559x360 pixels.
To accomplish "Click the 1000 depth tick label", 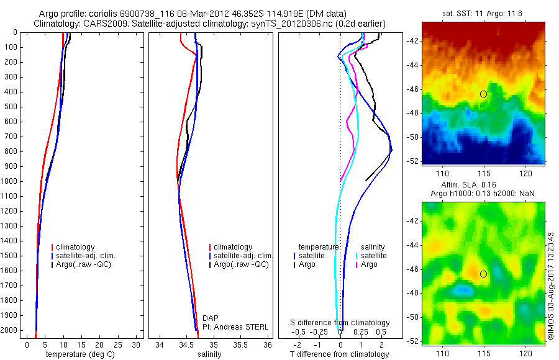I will (9, 181).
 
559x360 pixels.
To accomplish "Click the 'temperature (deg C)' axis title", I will (75, 354).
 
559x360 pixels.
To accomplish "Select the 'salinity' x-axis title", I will (210, 354).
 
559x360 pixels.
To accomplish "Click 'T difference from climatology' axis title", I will (340, 354).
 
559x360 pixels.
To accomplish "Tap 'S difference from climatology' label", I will (340, 323).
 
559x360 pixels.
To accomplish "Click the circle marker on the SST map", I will (483, 94).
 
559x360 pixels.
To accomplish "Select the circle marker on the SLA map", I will (483, 274).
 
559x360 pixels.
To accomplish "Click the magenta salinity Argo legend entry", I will (369, 264).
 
